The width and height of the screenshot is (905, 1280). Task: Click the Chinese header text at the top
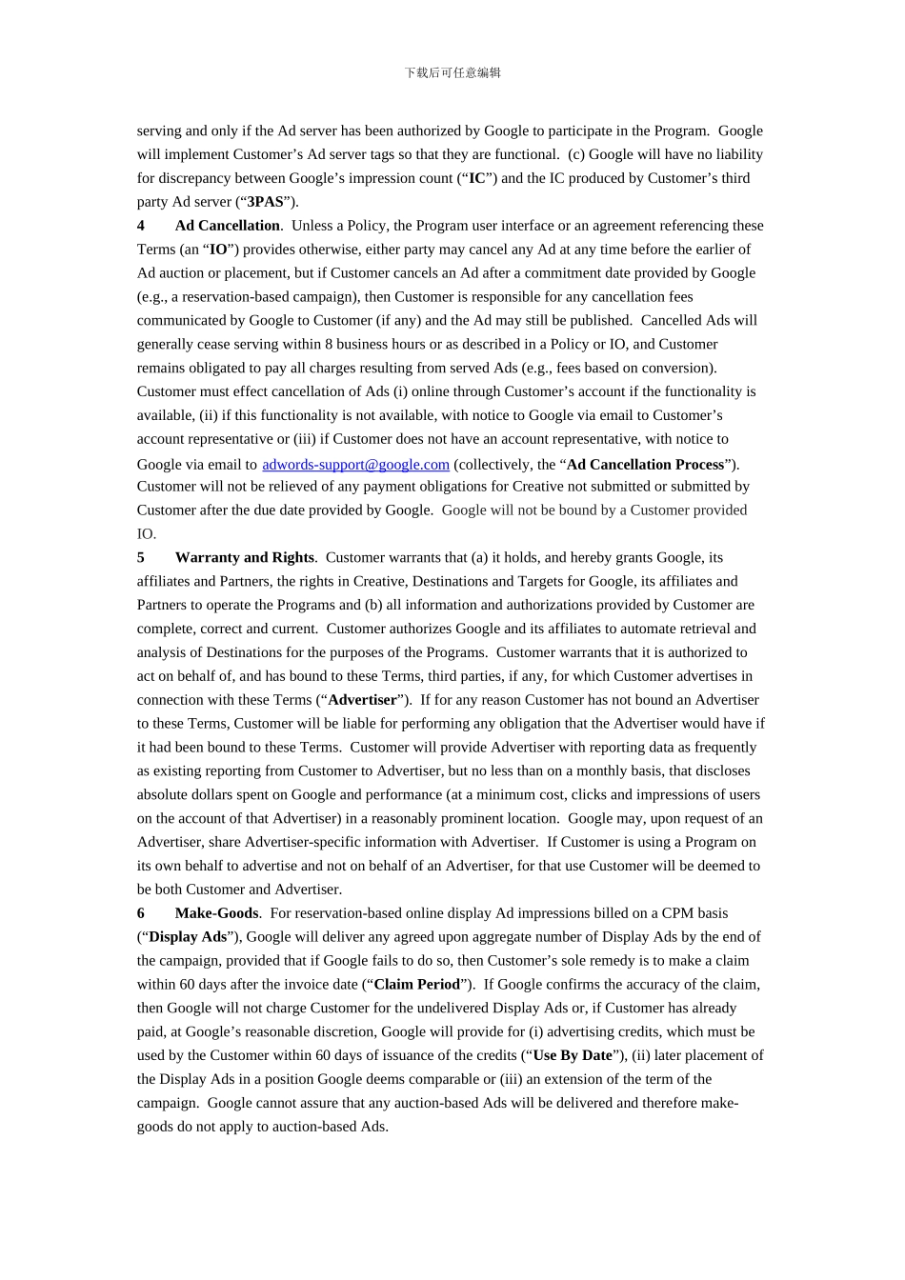click(x=452, y=72)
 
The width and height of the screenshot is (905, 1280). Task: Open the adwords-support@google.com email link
click(x=355, y=465)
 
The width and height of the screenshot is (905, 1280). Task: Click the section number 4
click(x=141, y=226)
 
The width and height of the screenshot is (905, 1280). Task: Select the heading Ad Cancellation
click(x=227, y=226)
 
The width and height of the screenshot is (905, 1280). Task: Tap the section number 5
click(x=141, y=557)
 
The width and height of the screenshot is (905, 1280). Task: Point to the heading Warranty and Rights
click(x=244, y=557)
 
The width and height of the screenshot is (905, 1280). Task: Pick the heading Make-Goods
click(x=216, y=913)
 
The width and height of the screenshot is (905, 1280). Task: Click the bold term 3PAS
click(x=265, y=202)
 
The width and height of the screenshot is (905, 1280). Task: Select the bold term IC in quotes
click(x=477, y=178)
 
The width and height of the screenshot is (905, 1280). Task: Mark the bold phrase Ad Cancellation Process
click(x=645, y=465)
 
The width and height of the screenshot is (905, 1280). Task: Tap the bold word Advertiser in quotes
click(x=362, y=700)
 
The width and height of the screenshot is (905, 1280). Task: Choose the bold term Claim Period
click(x=416, y=985)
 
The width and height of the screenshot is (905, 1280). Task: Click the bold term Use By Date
click(x=572, y=1055)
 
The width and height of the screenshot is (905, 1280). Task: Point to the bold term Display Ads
click(x=188, y=937)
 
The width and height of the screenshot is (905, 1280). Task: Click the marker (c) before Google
click(x=576, y=154)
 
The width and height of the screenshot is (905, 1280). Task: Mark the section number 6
click(x=141, y=913)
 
